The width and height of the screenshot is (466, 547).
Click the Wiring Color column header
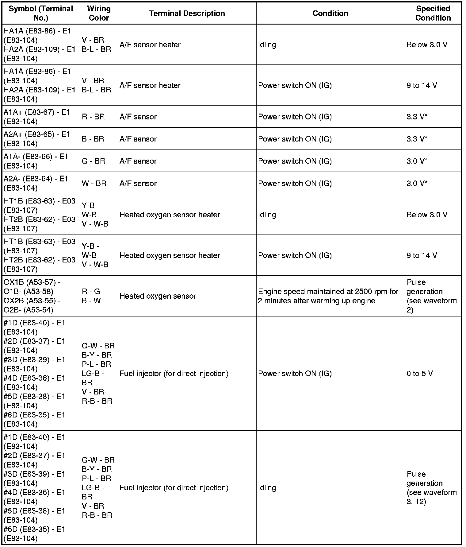(x=99, y=13)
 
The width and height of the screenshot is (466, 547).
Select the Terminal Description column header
(x=187, y=13)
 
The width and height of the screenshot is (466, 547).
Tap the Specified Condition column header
(x=433, y=13)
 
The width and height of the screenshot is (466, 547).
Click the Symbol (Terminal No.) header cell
(x=41, y=13)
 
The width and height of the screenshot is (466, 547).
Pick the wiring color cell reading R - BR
(x=93, y=117)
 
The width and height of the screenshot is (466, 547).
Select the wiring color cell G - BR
(x=93, y=161)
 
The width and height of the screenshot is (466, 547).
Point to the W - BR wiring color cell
(x=94, y=183)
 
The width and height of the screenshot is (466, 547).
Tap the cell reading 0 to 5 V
(x=420, y=373)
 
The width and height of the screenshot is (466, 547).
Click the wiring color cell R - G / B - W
(x=91, y=296)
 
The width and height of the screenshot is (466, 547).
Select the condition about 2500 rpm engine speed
(x=328, y=296)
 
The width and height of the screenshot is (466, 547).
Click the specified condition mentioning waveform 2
(x=432, y=296)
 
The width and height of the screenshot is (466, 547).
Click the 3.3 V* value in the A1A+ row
(x=417, y=117)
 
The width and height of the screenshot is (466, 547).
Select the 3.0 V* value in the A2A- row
(x=417, y=183)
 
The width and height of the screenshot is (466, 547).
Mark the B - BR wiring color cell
(x=93, y=139)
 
